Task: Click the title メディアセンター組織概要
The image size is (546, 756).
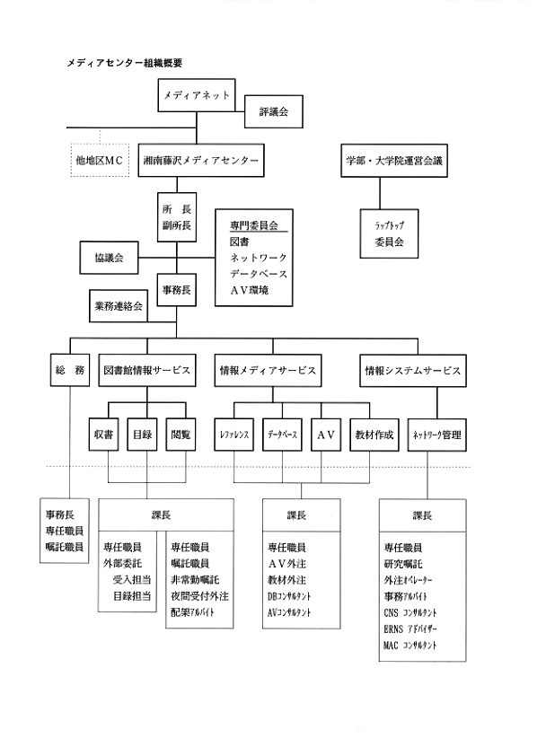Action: click(x=126, y=63)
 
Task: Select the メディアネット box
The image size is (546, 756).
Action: click(x=196, y=94)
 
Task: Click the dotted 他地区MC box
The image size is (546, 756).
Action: click(x=99, y=161)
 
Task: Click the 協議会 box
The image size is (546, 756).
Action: click(x=109, y=259)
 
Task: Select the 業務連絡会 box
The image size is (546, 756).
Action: click(x=119, y=306)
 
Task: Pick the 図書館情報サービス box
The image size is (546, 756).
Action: click(x=146, y=370)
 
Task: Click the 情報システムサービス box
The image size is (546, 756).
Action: click(x=413, y=370)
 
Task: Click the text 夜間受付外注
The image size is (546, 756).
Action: click(x=199, y=595)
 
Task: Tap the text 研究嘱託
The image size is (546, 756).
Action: click(x=403, y=563)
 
